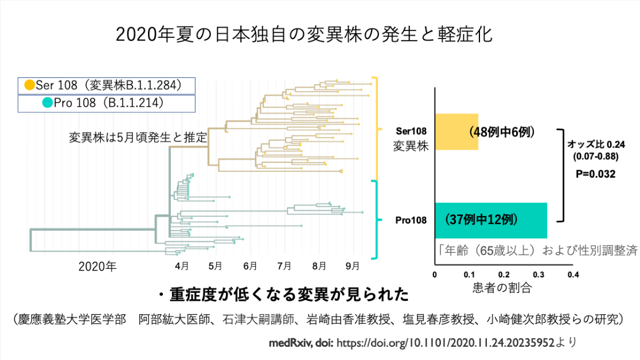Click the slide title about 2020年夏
pyautogui.click(x=304, y=34)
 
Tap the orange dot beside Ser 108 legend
pyautogui.click(x=29, y=85)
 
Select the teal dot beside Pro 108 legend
pyautogui.click(x=48, y=103)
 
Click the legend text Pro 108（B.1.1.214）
pyautogui.click(x=108, y=103)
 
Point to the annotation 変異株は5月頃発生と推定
pyautogui.click(x=138, y=137)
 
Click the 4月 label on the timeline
pyautogui.click(x=182, y=266)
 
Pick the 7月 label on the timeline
pyautogui.click(x=284, y=266)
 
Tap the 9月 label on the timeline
pyautogui.click(x=352, y=266)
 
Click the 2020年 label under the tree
pyautogui.click(x=97, y=267)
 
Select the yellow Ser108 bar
pyautogui.click(x=456, y=132)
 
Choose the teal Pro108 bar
pyautogui.click(x=491, y=220)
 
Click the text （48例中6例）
pyautogui.click(x=502, y=132)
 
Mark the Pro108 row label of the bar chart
pyautogui.click(x=411, y=220)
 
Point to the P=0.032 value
pyautogui.click(x=595, y=174)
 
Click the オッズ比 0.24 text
pyautogui.click(x=596, y=144)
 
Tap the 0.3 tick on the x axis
pyautogui.click(x=538, y=275)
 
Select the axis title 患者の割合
pyautogui.click(x=502, y=288)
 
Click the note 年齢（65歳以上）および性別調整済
pyautogui.click(x=537, y=250)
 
